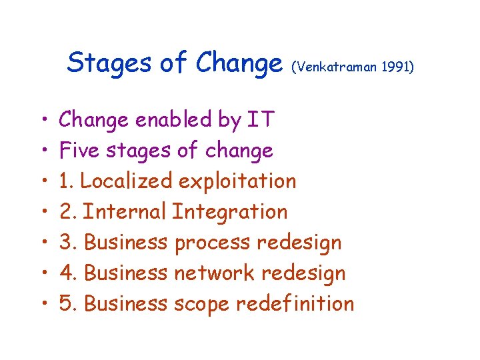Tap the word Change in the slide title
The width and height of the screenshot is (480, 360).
tap(239, 64)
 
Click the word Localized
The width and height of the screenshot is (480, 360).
tap(126, 181)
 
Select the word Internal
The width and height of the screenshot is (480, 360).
tap(126, 212)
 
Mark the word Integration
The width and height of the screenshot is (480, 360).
tap(230, 212)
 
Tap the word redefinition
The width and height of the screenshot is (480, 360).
tap(297, 303)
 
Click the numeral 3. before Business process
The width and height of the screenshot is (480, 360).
tap(69, 243)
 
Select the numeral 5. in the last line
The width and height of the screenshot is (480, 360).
tap(69, 303)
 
